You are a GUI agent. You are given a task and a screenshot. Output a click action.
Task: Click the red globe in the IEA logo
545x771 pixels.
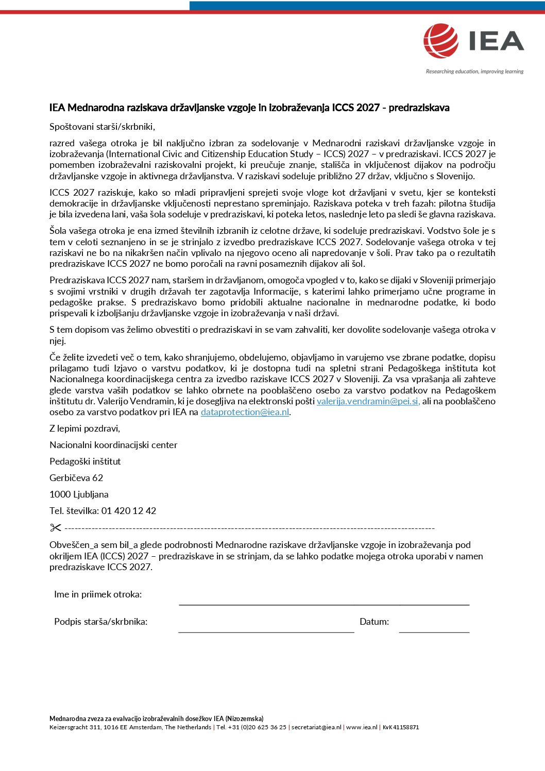click(440, 41)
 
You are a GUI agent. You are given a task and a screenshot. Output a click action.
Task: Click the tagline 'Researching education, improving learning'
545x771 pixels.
click(474, 72)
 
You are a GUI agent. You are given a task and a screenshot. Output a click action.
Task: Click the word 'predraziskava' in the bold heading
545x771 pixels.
click(419, 108)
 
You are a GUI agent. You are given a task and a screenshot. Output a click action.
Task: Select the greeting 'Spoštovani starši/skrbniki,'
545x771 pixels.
click(102, 127)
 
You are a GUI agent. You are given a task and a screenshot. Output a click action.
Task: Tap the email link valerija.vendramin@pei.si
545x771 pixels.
click(368, 401)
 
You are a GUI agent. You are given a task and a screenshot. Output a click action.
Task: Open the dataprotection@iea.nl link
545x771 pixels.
click(245, 412)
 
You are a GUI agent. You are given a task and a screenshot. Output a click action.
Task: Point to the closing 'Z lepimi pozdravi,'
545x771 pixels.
click(84, 429)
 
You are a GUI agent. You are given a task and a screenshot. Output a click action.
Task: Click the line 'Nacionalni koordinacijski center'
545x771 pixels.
click(113, 445)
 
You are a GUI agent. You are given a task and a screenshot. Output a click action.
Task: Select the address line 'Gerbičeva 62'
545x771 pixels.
click(76, 478)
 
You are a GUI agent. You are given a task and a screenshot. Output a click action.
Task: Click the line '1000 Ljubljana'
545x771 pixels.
click(79, 494)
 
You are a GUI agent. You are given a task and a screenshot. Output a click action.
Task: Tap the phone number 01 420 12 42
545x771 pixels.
click(129, 511)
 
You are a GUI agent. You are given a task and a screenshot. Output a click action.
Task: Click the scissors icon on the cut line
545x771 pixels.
click(56, 528)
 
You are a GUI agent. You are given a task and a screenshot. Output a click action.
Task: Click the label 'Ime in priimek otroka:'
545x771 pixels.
click(98, 594)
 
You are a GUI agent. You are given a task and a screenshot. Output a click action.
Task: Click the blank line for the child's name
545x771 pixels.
click(324, 603)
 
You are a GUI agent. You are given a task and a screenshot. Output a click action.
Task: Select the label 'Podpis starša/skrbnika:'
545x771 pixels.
click(101, 622)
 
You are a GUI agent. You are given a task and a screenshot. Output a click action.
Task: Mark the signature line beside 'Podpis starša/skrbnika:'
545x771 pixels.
click(266, 630)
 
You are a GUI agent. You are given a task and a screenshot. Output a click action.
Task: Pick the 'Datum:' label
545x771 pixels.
click(374, 622)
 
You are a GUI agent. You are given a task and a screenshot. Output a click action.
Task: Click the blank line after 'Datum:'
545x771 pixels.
click(434, 630)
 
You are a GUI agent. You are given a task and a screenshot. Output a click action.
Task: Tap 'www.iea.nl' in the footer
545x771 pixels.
click(362, 727)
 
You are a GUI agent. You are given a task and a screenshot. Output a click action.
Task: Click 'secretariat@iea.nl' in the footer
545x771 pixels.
click(316, 727)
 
